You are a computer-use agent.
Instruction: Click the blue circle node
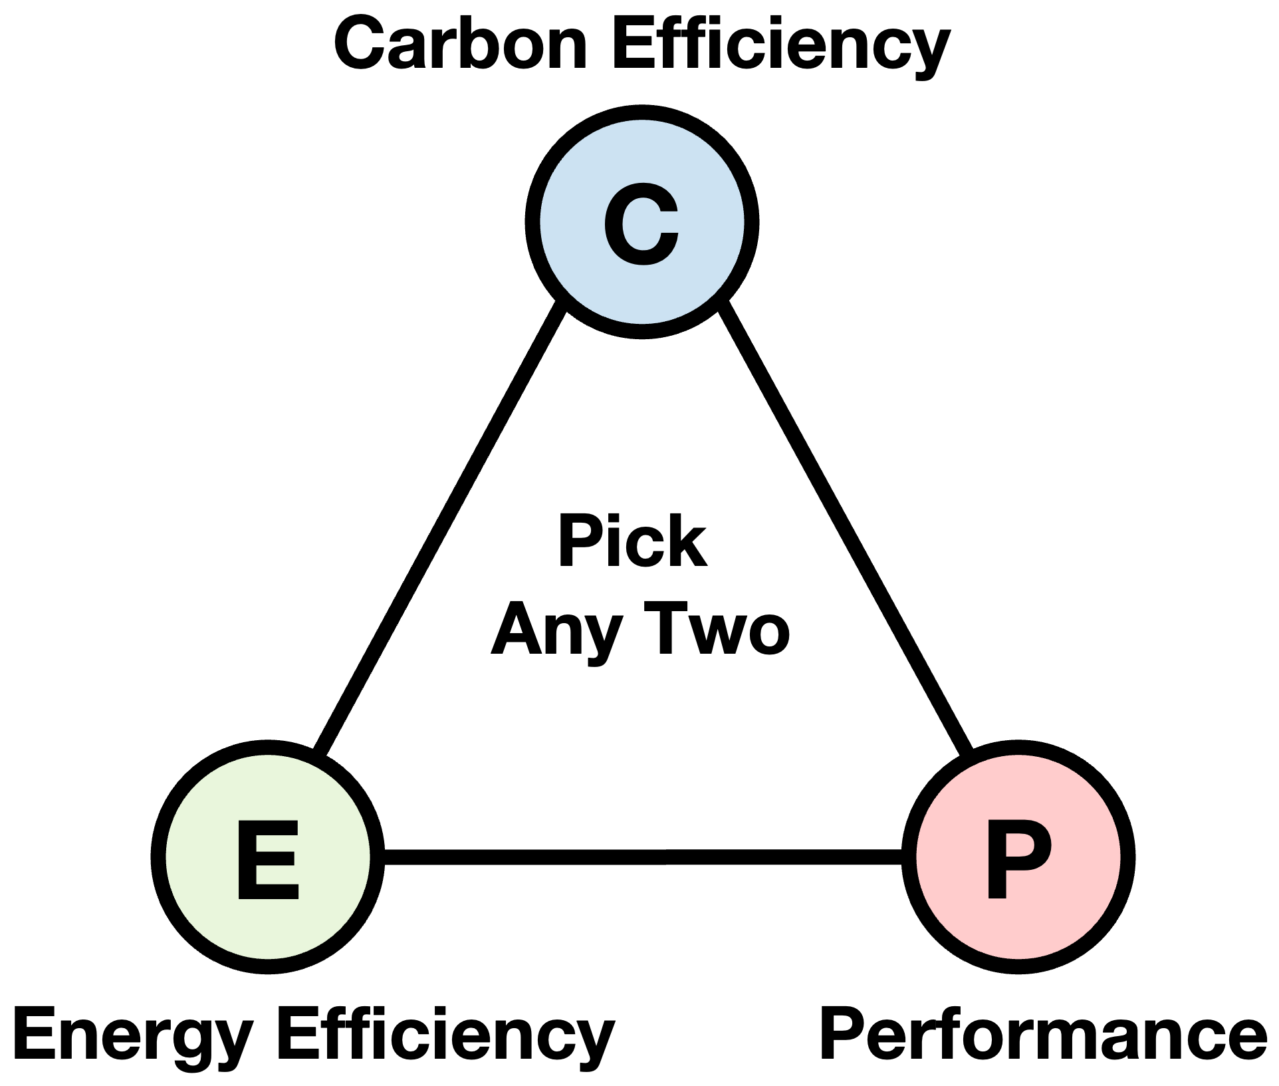click(641, 221)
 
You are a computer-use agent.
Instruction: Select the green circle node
click(268, 857)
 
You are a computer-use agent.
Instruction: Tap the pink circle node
click(1018, 857)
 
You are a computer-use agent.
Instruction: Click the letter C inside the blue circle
click(641, 223)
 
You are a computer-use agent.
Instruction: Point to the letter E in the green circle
click(268, 859)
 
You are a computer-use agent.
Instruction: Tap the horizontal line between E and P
click(643, 857)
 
